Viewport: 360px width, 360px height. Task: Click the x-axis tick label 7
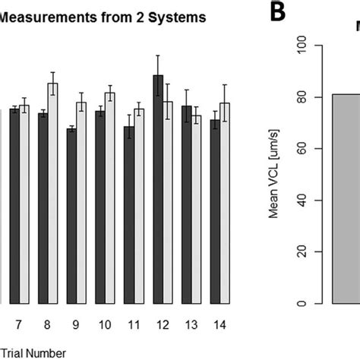click(19, 324)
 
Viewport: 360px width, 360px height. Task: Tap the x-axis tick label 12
click(163, 324)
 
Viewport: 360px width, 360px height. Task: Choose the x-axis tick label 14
click(219, 324)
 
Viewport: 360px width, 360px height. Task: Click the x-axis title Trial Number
click(33, 352)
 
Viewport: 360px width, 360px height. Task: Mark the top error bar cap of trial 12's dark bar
click(158, 55)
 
